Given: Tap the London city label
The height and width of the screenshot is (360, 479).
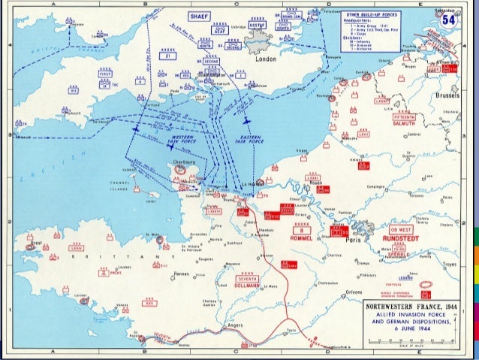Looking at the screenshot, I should point(266,59).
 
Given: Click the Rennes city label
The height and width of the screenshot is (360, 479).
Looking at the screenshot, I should point(182,274).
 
